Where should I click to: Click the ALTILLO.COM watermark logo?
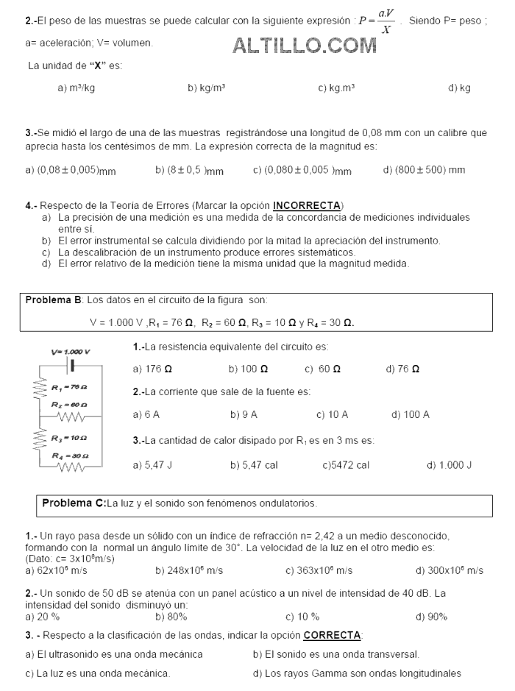coord(305,46)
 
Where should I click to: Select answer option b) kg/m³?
coord(206,88)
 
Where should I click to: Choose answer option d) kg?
coord(459,88)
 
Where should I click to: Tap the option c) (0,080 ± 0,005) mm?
coord(302,170)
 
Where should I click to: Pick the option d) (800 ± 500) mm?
coord(424,170)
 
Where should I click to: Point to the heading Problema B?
coord(54,300)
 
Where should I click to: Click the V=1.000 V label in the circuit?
coord(71,351)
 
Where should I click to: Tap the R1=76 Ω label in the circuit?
coord(70,387)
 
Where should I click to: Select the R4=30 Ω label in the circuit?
coord(70,456)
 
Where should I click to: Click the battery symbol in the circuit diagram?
coord(71,364)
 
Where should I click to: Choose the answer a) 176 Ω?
coord(153,368)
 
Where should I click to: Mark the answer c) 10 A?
coord(332,414)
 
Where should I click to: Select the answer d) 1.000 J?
coord(449,464)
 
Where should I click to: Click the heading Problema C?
coord(74,503)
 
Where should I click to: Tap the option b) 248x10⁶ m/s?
coord(189,570)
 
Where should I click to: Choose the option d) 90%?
coord(431,616)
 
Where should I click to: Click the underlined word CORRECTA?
coord(332,634)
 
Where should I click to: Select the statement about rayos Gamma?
coord(357,673)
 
